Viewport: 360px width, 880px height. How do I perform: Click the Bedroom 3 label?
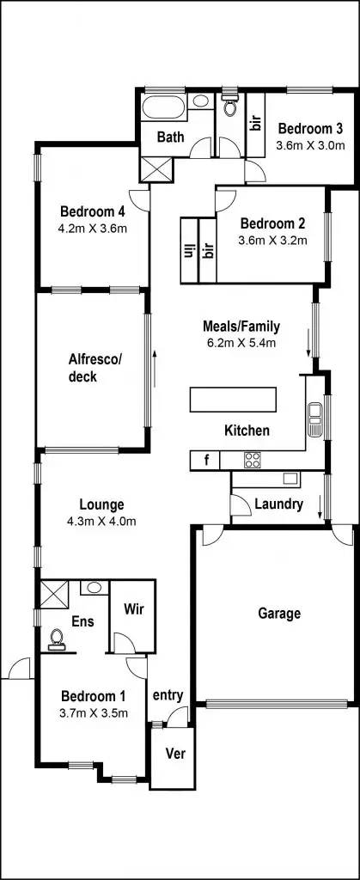point(309,129)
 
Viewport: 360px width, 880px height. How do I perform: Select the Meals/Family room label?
point(241,327)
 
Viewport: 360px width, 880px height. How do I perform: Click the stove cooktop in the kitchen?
point(253,460)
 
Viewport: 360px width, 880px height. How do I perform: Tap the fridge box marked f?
point(205,461)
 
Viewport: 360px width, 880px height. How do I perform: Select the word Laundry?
point(278,504)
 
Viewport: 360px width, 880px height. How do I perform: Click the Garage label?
point(279,614)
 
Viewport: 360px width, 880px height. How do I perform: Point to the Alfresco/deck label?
point(95,368)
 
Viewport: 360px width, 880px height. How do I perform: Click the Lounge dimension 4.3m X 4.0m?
point(101,521)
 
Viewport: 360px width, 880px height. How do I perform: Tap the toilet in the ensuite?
point(58,638)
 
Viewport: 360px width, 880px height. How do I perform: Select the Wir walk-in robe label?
point(132,609)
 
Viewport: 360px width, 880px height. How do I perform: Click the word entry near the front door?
point(168,694)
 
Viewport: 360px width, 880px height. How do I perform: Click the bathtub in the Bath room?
point(162,107)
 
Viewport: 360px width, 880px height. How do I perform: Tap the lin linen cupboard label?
point(188,251)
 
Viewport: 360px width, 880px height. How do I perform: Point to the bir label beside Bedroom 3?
point(255,123)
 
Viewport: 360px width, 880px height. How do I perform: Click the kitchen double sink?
point(314,420)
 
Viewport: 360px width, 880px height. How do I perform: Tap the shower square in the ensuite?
point(53,593)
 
